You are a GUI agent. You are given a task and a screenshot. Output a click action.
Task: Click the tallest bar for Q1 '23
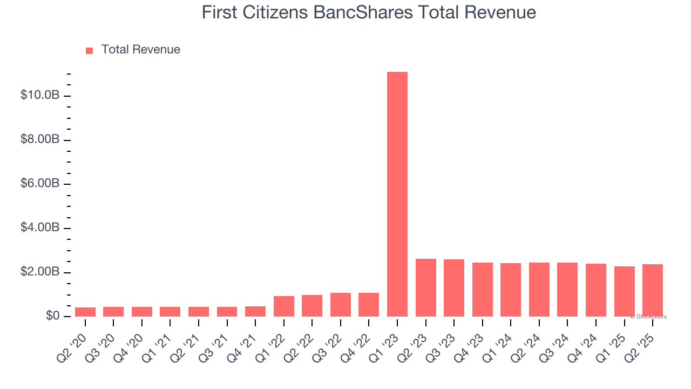[x=397, y=194]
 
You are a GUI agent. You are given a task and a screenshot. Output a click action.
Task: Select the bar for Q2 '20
[x=85, y=312]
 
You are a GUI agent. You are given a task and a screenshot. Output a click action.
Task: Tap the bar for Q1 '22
[x=284, y=306]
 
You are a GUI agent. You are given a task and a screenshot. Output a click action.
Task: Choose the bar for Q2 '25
[x=653, y=290]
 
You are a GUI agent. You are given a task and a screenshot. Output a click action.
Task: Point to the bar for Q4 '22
[x=369, y=304]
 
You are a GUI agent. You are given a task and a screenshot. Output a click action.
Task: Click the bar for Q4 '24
[x=596, y=290]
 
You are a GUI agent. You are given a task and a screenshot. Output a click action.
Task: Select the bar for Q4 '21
[x=255, y=311]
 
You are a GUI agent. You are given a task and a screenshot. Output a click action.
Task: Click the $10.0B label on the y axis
[x=39, y=96]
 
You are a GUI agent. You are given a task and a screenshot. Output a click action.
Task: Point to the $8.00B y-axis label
[x=39, y=140]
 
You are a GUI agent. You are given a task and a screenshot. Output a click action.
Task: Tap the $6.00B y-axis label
[x=39, y=184]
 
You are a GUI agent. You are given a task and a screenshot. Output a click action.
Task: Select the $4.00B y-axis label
[x=39, y=228]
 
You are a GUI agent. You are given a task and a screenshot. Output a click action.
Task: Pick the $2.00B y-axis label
[x=39, y=272]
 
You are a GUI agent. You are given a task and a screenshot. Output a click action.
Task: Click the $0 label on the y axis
[x=52, y=316]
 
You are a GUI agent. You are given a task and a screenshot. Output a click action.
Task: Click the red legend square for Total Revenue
[x=90, y=50]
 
